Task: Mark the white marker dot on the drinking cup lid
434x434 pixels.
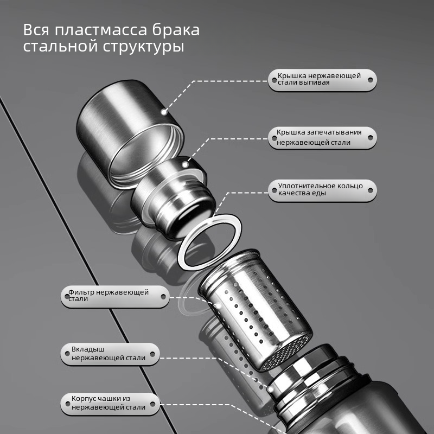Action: point(163,112)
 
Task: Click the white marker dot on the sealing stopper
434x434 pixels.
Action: point(185,164)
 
